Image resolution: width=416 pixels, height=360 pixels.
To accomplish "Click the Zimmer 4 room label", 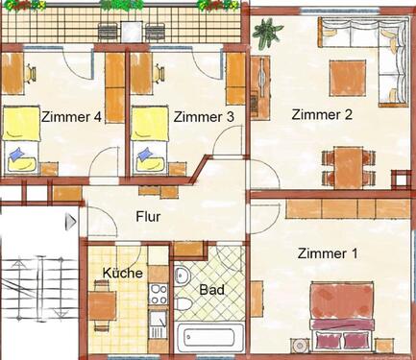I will (x=71, y=117).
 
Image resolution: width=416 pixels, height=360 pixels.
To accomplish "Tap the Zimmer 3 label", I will (x=204, y=117).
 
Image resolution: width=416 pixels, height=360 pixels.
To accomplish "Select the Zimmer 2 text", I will (x=323, y=114).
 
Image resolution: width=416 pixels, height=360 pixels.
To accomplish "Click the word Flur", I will (x=148, y=216).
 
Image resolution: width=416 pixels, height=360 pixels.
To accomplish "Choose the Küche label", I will (x=123, y=274).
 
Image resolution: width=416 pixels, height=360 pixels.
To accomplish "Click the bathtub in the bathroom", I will (x=211, y=338).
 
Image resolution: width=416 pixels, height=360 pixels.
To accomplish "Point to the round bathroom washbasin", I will (x=183, y=276).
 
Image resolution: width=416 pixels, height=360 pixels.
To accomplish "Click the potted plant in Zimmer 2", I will (x=263, y=39).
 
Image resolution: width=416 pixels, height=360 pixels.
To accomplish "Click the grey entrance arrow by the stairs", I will (x=69, y=223).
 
